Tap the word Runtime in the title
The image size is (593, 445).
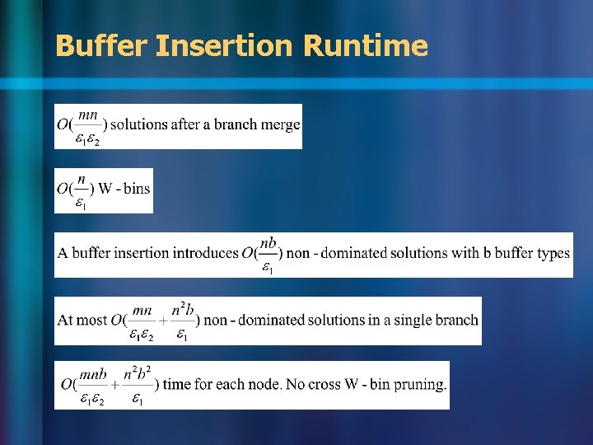click(x=365, y=45)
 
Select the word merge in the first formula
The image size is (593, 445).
click(x=282, y=124)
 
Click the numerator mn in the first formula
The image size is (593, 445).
click(x=89, y=115)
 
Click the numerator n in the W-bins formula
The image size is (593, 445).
click(x=81, y=179)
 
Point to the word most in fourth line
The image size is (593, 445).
click(x=94, y=320)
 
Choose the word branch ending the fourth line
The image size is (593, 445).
click(x=459, y=320)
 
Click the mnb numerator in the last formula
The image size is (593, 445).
click(x=93, y=374)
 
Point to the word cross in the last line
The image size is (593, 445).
click(x=329, y=384)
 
